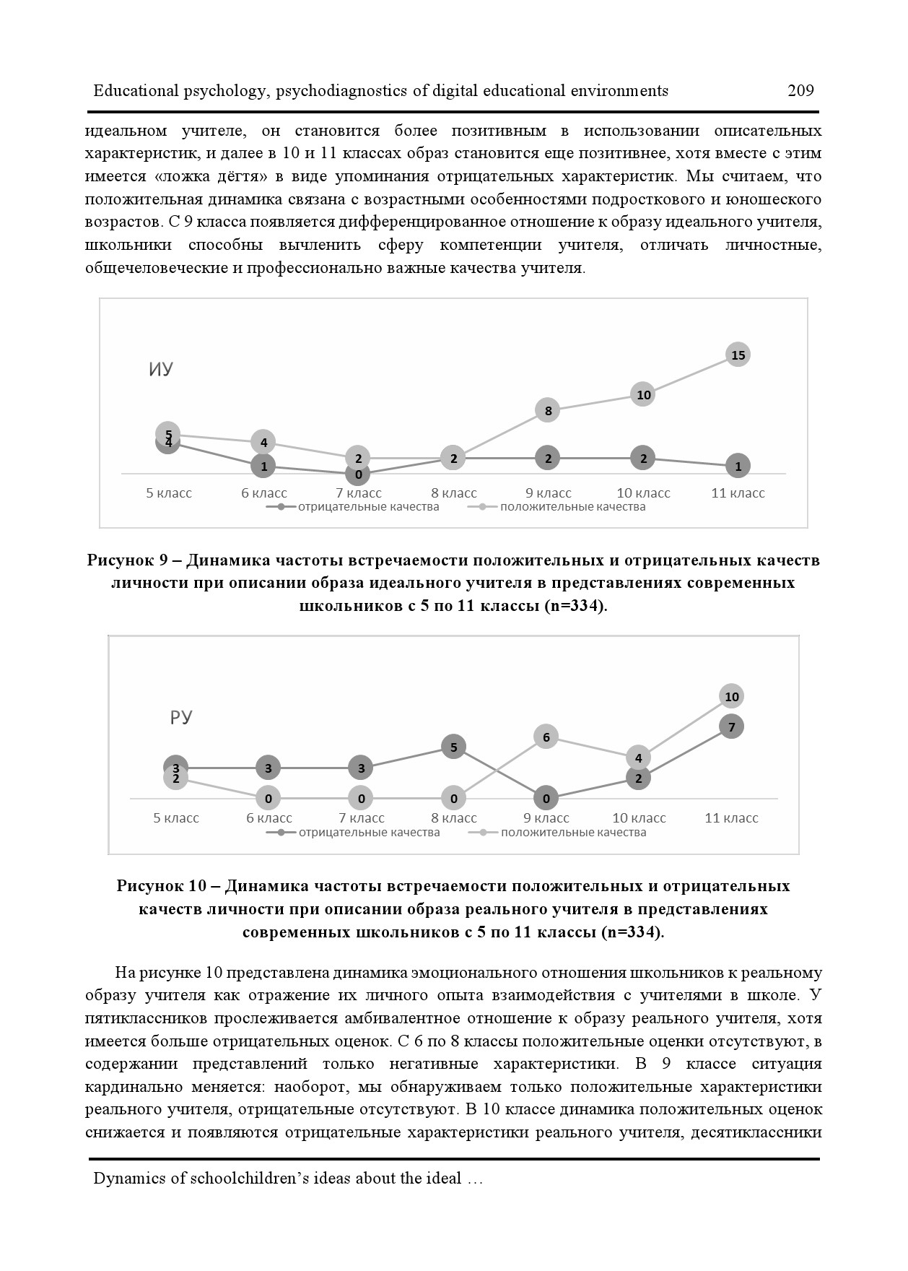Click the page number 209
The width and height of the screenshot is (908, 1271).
[x=800, y=91]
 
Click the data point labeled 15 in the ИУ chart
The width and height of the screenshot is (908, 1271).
[x=738, y=355]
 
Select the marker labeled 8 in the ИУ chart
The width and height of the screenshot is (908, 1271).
[x=548, y=411]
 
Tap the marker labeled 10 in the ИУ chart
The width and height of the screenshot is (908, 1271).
[x=643, y=395]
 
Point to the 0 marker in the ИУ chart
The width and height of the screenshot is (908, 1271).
[x=358, y=474]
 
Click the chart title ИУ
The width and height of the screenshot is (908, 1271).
[x=161, y=370]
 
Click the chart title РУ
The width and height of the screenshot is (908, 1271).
[x=181, y=718]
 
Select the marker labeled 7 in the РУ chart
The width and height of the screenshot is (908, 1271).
[x=732, y=727]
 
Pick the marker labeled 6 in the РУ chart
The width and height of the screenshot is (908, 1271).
[x=546, y=737]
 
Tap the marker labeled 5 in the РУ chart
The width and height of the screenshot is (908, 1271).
[x=454, y=747]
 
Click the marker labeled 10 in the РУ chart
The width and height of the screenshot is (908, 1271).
[x=732, y=697]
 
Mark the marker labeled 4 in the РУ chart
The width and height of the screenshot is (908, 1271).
[x=638, y=758]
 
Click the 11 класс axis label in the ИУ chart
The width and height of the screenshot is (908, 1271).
[x=738, y=493]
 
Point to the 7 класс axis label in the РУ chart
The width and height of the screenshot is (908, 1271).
[x=361, y=818]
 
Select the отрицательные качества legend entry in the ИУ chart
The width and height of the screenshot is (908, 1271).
[x=368, y=507]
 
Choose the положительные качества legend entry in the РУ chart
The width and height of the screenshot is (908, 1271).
[x=573, y=833]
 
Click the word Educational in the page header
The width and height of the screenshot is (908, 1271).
[x=135, y=91]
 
